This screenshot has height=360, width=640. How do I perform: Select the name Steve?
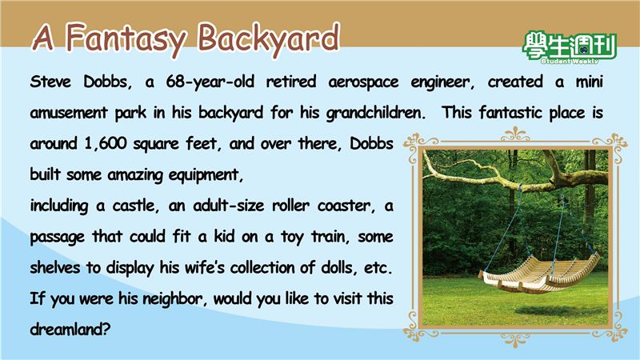(x=50, y=82)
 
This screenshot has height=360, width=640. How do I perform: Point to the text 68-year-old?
(x=210, y=82)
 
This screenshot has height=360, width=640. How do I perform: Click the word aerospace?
(x=363, y=82)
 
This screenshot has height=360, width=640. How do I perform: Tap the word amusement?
(x=68, y=113)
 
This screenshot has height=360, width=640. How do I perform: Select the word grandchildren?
(x=375, y=113)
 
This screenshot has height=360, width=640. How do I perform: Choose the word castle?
(x=135, y=206)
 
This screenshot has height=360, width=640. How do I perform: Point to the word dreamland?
(x=70, y=329)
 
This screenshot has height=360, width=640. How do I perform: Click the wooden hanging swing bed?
(x=539, y=274)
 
